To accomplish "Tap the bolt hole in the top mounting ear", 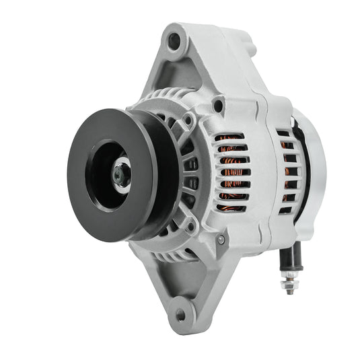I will click(x=174, y=41).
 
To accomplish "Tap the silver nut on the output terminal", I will click(x=290, y=275).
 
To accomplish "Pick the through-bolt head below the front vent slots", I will click(x=221, y=239).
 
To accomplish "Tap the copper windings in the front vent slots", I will click(x=232, y=172).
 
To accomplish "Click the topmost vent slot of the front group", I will click(x=231, y=137).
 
